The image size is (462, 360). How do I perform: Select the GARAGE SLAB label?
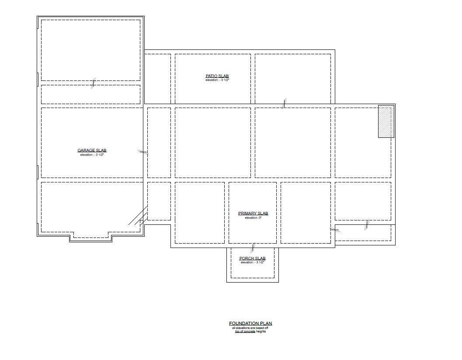coord(92,150)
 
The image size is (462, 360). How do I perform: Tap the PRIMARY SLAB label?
coord(253,213)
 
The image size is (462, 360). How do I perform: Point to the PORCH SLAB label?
coord(252,259)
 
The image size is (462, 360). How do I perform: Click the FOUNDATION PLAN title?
coord(250,324)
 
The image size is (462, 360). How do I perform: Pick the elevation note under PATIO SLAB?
coord(217,80)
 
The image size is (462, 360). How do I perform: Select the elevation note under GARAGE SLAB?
coord(92,155)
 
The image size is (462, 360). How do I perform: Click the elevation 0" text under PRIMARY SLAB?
coord(253,217)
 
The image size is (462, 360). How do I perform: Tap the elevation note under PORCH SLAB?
coord(252,262)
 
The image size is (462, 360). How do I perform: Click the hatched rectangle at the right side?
coord(386,121)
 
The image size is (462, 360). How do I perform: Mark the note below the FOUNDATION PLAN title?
coord(250,329)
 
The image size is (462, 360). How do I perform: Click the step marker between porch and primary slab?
coord(253,248)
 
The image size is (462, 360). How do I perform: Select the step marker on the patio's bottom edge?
coord(285,103)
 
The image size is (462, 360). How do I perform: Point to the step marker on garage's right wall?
coord(143,152)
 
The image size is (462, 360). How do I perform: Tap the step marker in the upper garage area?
coord(93,83)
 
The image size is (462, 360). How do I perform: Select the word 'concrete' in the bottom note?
coord(248,332)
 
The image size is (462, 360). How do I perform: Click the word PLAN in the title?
coord(265,324)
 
